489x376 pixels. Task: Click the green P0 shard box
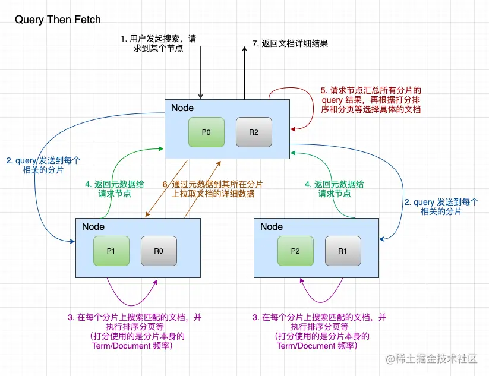pos(206,132)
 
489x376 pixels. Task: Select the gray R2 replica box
pos(254,132)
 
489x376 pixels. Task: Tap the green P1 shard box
pos(111,251)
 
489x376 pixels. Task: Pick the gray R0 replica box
pos(159,251)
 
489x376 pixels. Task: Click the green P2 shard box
pos(295,251)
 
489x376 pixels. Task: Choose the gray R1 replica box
pos(343,251)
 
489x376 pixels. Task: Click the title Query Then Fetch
pos(58,20)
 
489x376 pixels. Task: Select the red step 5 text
pos(371,100)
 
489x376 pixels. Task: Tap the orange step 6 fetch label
pos(213,189)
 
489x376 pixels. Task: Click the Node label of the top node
pos(182,108)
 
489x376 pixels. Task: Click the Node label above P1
pos(93,226)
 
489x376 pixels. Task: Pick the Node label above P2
pos(272,226)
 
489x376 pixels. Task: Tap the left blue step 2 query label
pos(43,165)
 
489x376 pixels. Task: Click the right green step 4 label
pos(326,189)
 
